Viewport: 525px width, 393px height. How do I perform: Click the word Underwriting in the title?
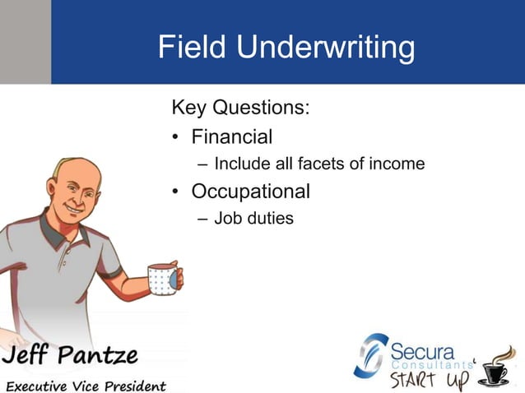pyautogui.click(x=326, y=49)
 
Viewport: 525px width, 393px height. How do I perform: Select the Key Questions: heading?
pyautogui.click(x=239, y=108)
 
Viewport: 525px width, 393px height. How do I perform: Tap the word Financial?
pyautogui.click(x=231, y=136)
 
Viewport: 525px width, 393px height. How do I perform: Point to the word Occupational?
pyautogui.click(x=250, y=192)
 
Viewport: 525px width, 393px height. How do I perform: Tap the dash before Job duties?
pyautogui.click(x=202, y=220)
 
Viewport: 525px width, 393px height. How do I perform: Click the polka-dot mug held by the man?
pyautogui.click(x=163, y=279)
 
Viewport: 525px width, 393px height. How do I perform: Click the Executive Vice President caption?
pyautogui.click(x=86, y=385)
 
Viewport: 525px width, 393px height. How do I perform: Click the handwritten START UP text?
pyautogui.click(x=429, y=380)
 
